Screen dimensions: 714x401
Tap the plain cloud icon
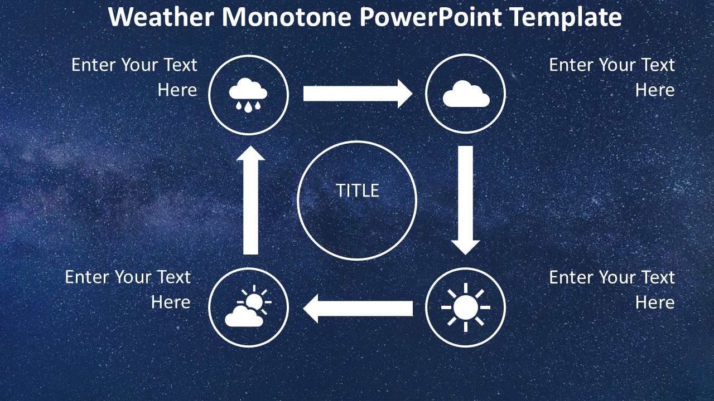point(466,94)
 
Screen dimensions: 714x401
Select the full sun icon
point(466,307)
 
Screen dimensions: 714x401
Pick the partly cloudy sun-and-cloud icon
point(248,306)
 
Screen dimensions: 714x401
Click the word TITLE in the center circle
point(358,190)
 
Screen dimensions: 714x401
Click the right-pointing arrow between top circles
point(358,94)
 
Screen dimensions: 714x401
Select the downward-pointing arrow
point(466,200)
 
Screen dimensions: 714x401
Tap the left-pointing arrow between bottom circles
point(358,309)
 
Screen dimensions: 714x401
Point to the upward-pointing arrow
point(250,200)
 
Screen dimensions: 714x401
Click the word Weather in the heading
point(161,17)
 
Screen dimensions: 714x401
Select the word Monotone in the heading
point(286,17)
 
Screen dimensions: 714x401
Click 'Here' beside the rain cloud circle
point(177,90)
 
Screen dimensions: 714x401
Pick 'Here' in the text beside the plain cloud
point(655,90)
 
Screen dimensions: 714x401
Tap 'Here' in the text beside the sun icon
point(655,302)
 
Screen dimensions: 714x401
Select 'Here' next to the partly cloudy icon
point(171,302)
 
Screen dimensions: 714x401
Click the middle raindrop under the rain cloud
point(248,108)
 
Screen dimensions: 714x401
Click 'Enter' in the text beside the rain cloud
point(93,65)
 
